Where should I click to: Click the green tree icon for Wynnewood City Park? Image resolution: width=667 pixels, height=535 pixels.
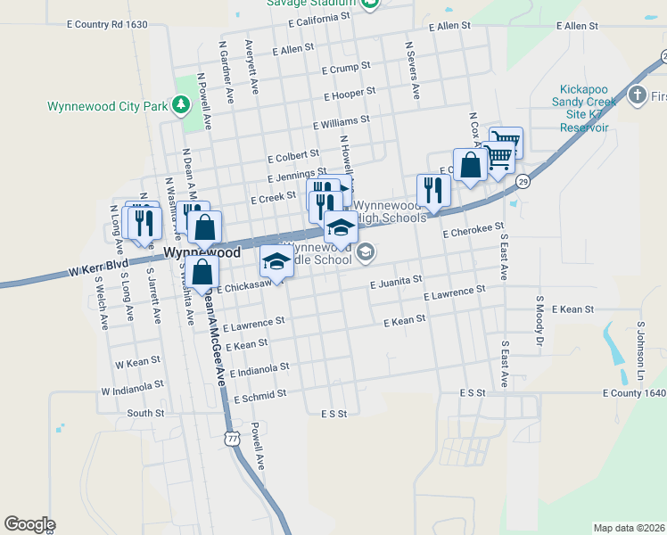point(181,105)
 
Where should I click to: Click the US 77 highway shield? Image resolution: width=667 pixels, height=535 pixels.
point(233,440)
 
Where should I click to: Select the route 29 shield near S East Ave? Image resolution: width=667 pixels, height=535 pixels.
point(523,181)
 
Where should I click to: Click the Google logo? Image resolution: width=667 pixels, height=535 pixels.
point(29,524)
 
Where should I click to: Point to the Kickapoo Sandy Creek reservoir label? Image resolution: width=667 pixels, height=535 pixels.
point(584,108)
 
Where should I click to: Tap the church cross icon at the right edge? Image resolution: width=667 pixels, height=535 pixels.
point(637,95)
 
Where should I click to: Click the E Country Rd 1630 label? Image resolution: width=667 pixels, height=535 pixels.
point(107,25)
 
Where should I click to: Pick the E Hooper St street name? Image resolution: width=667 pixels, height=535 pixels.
point(350,93)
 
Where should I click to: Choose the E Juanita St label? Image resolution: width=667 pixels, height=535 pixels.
point(395,281)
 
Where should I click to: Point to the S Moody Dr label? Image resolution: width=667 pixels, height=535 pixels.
point(539,319)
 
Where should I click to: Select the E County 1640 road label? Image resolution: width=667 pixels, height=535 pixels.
point(634,392)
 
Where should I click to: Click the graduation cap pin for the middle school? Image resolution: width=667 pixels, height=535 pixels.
point(276,261)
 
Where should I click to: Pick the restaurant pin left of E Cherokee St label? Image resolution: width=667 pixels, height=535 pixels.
point(433,191)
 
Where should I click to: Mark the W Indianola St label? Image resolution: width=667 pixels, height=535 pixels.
point(133,388)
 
